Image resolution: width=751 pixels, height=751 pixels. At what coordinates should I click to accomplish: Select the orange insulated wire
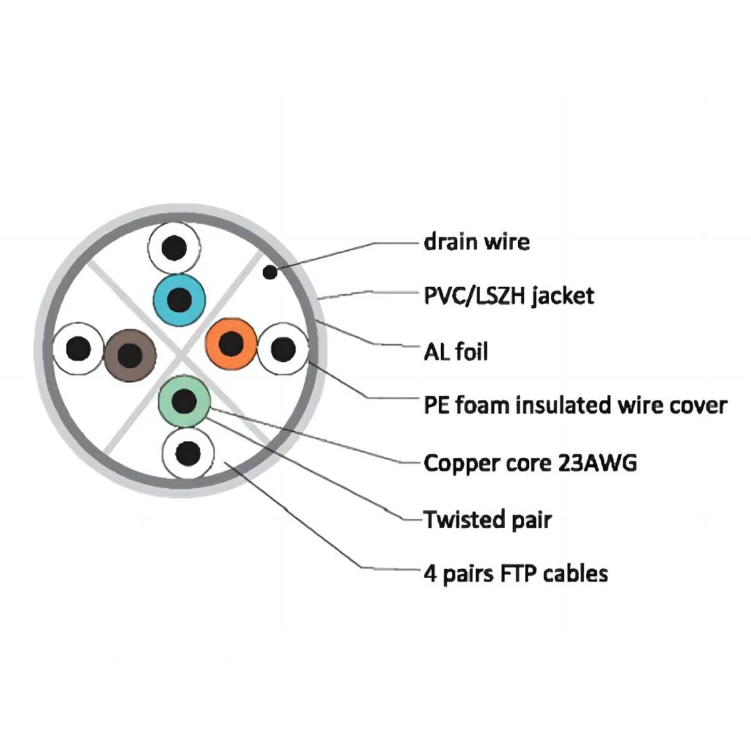(232, 344)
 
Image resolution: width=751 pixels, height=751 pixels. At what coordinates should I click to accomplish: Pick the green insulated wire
(184, 401)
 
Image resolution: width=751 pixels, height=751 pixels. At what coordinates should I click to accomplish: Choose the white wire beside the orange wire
(283, 349)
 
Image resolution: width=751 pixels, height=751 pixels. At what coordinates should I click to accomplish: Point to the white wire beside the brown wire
(78, 347)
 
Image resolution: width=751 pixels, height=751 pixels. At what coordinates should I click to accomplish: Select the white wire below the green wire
(188, 452)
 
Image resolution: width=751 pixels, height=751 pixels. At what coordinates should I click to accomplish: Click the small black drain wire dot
(270, 272)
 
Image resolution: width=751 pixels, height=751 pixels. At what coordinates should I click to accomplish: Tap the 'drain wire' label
(476, 242)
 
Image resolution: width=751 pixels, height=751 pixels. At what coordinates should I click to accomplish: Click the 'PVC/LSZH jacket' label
(509, 295)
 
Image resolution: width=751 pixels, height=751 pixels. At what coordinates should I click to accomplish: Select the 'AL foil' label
(456, 352)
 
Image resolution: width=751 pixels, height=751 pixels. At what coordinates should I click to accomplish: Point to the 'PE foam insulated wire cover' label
(575, 406)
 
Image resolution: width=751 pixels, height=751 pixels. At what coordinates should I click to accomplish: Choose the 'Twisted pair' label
(488, 519)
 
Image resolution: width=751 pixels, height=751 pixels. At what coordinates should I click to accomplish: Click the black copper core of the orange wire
(232, 344)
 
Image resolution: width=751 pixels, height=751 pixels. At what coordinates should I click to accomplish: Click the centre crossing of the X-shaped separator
(181, 352)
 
